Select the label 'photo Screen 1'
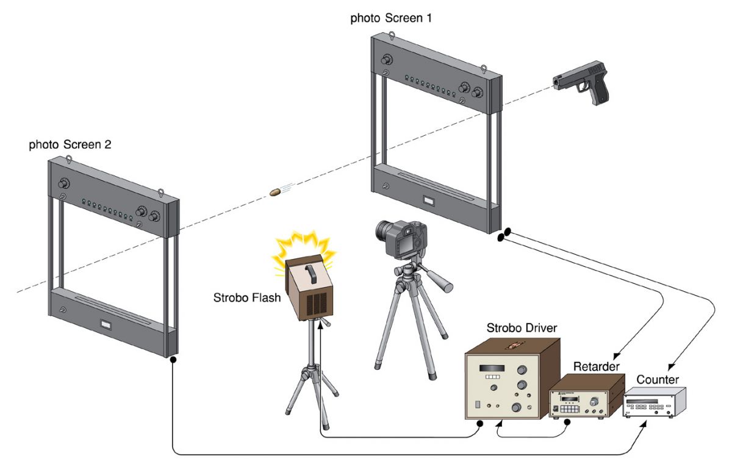tap(391, 18)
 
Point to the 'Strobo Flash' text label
tap(246, 298)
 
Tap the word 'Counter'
tap(658, 380)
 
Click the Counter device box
tap(653, 405)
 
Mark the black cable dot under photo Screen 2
tap(173, 360)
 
